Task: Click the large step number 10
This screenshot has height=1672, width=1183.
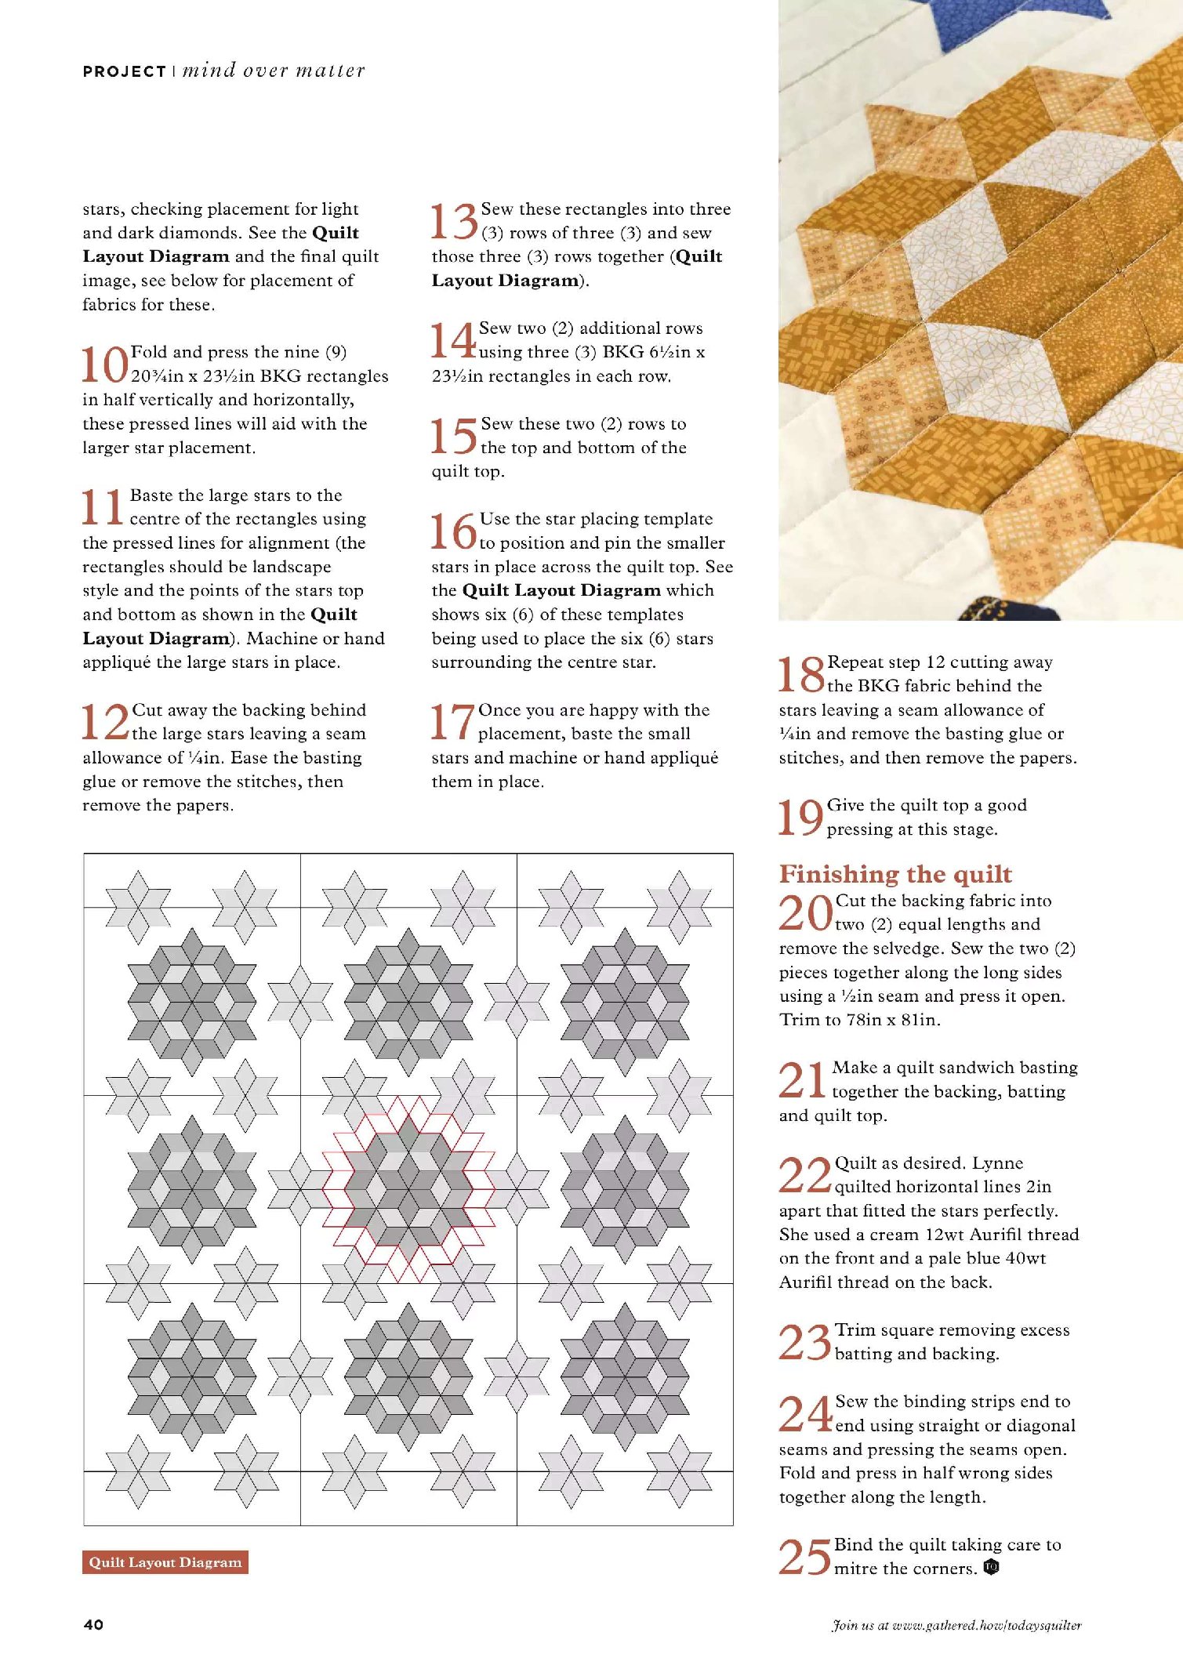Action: (x=105, y=365)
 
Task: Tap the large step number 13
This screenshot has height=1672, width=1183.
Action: (x=454, y=222)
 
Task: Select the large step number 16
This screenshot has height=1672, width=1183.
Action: (x=453, y=531)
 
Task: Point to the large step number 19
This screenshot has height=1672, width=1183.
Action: (x=800, y=818)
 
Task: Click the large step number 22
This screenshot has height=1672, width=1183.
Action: (x=804, y=1176)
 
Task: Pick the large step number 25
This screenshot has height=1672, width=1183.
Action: (x=804, y=1557)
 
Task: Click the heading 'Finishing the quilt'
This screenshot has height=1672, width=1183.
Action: (x=895, y=873)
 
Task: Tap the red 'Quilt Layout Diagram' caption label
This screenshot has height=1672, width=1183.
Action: (x=165, y=1562)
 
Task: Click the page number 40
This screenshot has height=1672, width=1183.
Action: (x=93, y=1625)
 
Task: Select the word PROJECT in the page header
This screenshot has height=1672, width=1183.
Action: (x=124, y=71)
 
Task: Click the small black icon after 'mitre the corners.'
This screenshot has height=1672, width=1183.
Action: (x=991, y=1568)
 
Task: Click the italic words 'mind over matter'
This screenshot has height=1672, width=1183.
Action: (x=274, y=71)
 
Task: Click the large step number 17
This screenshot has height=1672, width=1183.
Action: (x=452, y=722)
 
